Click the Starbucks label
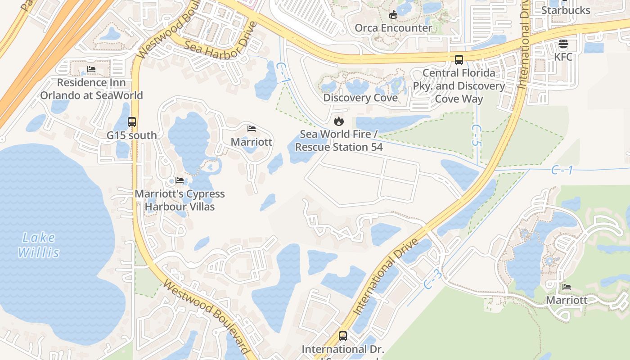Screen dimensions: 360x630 pyautogui.click(x=566, y=10)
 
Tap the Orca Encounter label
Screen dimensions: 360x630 pyautogui.click(x=393, y=28)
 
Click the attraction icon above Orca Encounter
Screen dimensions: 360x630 pyautogui.click(x=393, y=14)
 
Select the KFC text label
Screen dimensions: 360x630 pyautogui.click(x=563, y=57)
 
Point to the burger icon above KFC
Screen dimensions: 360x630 pyautogui.click(x=563, y=44)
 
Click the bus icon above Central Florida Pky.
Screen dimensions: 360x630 pyautogui.click(x=459, y=59)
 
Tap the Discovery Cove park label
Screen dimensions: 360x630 pyautogui.click(x=360, y=98)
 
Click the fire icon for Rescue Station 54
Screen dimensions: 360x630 pyautogui.click(x=338, y=121)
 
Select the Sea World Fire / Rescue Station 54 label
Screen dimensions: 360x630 pyautogui.click(x=338, y=140)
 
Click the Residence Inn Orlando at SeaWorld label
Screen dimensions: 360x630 pyautogui.click(x=91, y=89)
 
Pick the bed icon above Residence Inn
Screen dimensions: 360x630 pyautogui.click(x=91, y=69)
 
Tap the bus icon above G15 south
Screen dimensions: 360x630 pyautogui.click(x=132, y=122)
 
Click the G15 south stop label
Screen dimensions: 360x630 pyautogui.click(x=132, y=135)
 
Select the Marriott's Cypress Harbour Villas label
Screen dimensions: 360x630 pyautogui.click(x=180, y=200)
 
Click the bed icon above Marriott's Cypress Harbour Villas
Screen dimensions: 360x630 pyautogui.click(x=180, y=180)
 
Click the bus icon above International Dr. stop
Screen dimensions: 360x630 pyautogui.click(x=342, y=336)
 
